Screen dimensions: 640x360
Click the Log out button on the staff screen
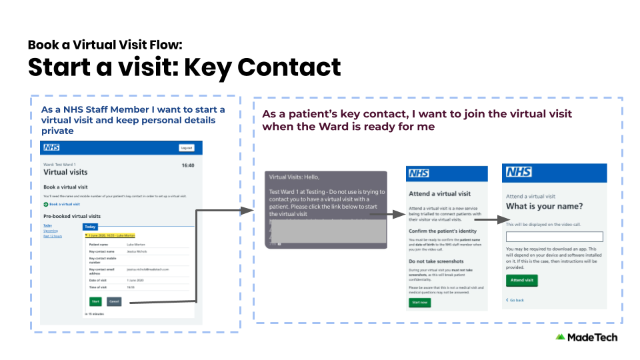187,148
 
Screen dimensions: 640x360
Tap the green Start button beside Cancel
95,302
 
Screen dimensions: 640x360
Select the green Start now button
420,302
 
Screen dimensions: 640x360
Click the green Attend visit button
522,281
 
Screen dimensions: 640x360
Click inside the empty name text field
554,237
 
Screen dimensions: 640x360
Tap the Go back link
515,300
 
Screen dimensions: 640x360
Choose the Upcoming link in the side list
51,231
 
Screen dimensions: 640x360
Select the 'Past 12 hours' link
53,236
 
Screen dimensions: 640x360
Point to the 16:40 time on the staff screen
188,165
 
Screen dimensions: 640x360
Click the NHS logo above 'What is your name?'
519,173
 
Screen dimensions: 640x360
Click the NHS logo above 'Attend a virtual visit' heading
419,173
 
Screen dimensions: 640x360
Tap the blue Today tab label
90,227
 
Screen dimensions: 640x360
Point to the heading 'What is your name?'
545,206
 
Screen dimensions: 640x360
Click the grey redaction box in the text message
327,229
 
